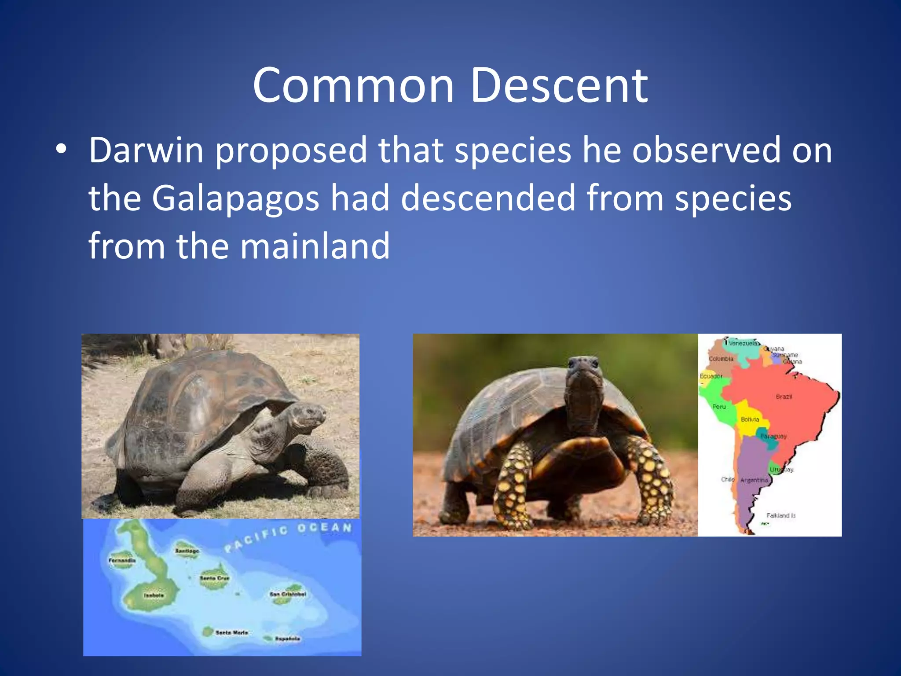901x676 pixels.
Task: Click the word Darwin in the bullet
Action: point(146,151)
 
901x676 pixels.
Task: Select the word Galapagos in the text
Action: point(235,198)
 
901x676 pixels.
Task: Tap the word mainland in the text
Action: point(315,246)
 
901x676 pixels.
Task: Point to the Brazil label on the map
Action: point(784,397)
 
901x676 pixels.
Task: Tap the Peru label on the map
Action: point(719,407)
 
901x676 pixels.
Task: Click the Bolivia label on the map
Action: point(750,419)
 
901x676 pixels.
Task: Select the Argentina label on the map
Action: point(754,480)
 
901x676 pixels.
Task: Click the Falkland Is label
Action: point(780,515)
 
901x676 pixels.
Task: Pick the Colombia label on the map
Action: point(721,359)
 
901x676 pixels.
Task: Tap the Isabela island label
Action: point(154,595)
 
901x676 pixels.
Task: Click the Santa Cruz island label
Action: point(214,578)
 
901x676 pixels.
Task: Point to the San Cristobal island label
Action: point(287,594)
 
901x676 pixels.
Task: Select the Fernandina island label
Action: point(122,561)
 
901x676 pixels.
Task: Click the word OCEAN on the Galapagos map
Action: point(324,528)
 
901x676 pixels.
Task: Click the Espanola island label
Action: point(287,639)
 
